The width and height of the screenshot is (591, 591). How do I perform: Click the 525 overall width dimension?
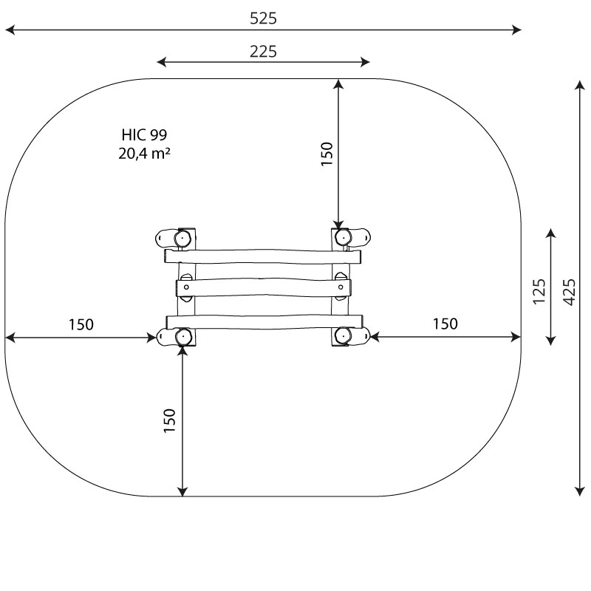pos(263,18)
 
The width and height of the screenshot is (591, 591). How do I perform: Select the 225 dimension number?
pos(263,51)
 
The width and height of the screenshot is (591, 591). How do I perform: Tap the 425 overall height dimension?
pos(569,292)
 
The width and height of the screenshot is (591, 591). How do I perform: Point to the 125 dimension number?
pos(539,291)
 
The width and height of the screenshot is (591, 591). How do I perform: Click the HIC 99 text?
pos(144,134)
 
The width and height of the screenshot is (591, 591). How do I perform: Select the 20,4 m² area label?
pos(144,154)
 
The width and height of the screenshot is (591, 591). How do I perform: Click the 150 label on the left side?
pos(81,324)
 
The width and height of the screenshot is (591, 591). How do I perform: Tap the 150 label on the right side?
pos(445,324)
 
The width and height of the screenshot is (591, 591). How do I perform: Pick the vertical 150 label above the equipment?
pos(327,154)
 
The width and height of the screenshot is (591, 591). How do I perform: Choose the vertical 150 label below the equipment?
pos(170,420)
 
